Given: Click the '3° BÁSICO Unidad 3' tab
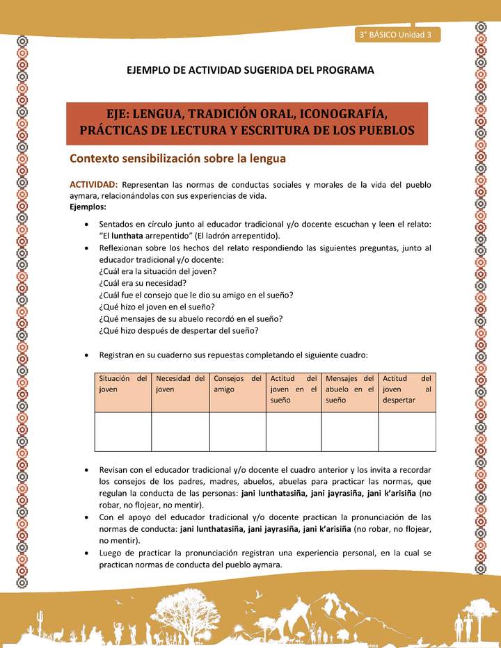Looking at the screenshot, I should point(396,34).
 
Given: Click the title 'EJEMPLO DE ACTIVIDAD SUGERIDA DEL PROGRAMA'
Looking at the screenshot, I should point(250,70).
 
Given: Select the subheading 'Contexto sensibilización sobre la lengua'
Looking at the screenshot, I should point(177,159).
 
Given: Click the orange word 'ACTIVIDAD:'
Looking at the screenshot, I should point(94,184).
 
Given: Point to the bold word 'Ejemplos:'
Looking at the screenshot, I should point(88,207).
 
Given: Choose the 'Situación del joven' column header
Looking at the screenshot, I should point(122,384).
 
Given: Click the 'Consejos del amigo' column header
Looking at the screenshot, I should point(237,384).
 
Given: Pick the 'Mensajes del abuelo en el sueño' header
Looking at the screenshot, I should point(349,389).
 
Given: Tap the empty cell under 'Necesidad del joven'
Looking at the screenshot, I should point(180,431).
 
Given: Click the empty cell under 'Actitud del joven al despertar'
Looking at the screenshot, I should point(407,431).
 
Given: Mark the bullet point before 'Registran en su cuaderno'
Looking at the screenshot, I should point(85,355).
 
